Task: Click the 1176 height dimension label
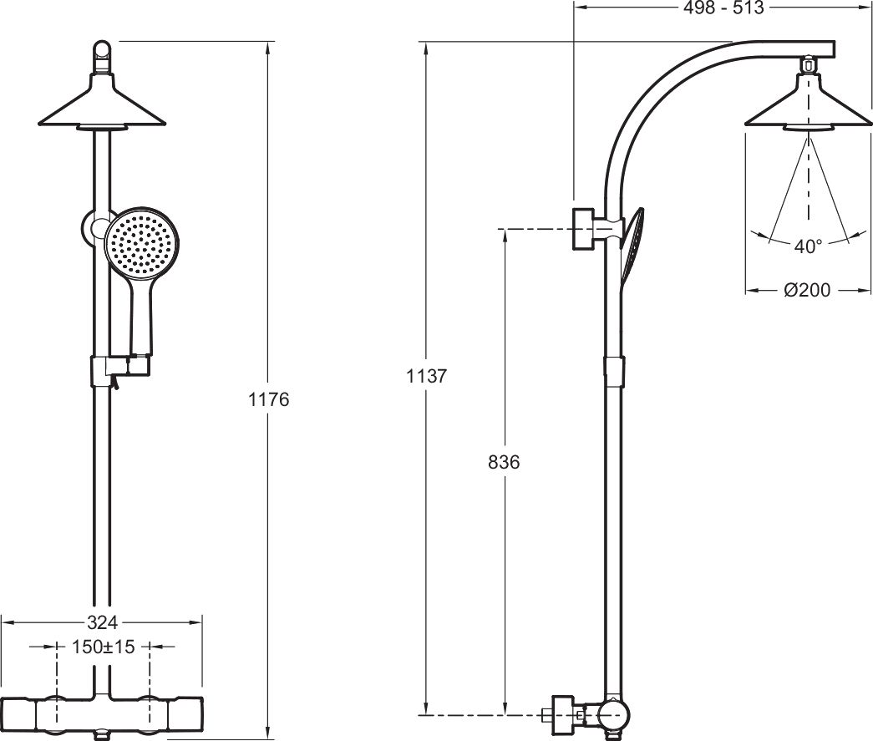(x=268, y=399)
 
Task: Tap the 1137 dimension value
(x=427, y=376)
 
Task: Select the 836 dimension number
(x=504, y=462)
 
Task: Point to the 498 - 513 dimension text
(x=723, y=8)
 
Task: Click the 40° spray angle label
(x=808, y=246)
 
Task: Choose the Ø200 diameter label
(x=807, y=290)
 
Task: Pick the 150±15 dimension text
(x=104, y=647)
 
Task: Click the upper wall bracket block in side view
(x=583, y=229)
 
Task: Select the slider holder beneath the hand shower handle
(x=119, y=371)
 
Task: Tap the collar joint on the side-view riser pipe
(x=614, y=371)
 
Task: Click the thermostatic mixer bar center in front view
(x=102, y=714)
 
